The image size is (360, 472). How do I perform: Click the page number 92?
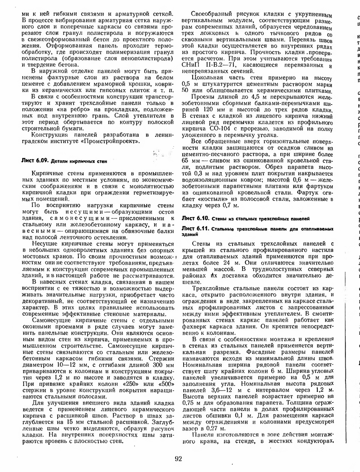coord(178,458)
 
